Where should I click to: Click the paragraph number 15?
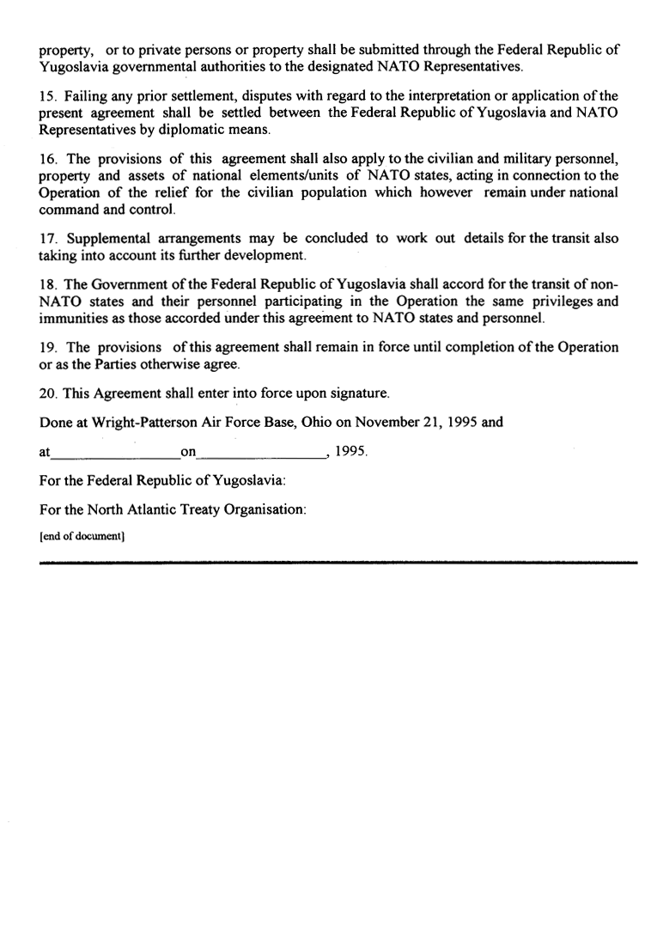click(x=48, y=98)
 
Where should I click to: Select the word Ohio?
click(x=305, y=422)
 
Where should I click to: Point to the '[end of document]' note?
click(x=82, y=537)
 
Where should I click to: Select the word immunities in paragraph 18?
click(x=73, y=318)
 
